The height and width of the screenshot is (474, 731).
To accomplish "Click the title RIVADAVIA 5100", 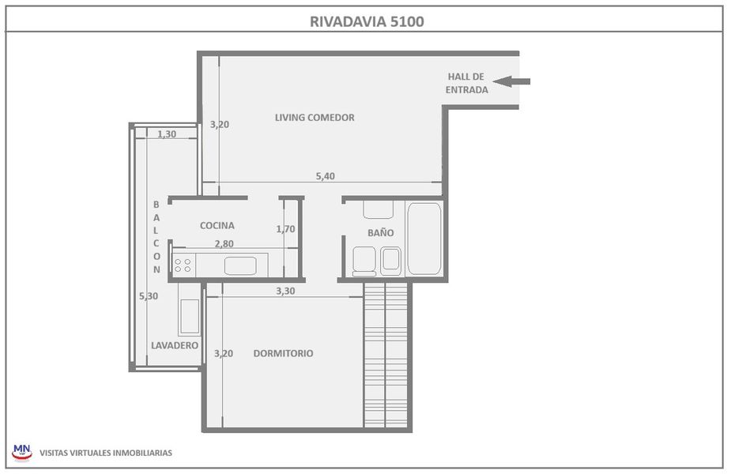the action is pos(367,21).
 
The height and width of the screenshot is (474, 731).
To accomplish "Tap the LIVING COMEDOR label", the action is pos(315,118).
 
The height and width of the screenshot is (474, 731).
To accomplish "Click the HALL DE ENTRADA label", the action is pos(466,83).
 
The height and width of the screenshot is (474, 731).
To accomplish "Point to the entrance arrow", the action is pos(511,81).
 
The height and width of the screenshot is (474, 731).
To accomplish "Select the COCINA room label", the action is pos(217,226).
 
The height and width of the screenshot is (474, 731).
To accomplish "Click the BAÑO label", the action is pos(380,231).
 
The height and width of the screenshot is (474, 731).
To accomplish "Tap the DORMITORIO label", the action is pos(283,353).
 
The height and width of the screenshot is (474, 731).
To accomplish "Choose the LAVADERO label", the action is pos(175,345).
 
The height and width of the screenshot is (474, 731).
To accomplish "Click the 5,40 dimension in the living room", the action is pos(326,176).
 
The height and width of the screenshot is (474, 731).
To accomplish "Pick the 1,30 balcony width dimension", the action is pos(167,134).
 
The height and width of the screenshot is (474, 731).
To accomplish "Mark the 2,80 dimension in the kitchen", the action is pos(224,244).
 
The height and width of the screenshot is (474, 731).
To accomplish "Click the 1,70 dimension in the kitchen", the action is pos(285,229).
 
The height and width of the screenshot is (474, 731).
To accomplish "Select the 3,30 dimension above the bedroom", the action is pos(285,291).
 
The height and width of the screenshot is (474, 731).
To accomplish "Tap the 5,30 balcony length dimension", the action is pos(149,296).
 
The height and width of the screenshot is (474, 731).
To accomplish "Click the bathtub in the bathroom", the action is pos(424,239).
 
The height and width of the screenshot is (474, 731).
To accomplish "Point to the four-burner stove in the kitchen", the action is pos(183,265).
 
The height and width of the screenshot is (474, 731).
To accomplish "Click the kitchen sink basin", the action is pos(240,265).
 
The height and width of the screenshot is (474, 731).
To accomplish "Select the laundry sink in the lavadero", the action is pos(190,317).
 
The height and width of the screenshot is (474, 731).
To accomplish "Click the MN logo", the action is pos(22,452).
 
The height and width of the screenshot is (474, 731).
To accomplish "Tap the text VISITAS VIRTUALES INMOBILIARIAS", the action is pos(106,453).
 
